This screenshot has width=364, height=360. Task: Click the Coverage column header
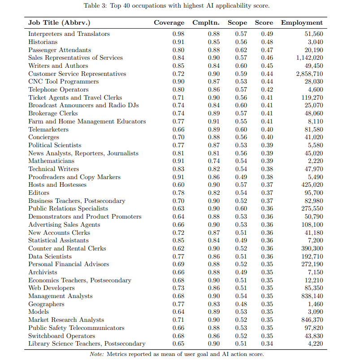coord(169,23)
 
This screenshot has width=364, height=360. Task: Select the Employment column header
coord(302,23)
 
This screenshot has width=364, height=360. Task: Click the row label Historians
coord(43,42)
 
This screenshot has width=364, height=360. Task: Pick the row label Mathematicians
coord(51,161)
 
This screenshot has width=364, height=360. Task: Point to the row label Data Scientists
coord(50,256)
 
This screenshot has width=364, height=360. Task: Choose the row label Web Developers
coord(51,288)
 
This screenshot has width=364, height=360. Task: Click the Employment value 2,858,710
coord(309,74)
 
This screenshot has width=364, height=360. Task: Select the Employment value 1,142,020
coord(309,58)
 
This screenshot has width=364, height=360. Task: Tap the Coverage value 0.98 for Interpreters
coord(178,34)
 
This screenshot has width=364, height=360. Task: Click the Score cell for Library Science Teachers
coord(267,344)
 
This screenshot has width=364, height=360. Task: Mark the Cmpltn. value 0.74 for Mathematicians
coord(214,161)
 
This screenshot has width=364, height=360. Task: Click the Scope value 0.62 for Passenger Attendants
coord(241,50)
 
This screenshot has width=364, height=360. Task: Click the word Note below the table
coord(96,354)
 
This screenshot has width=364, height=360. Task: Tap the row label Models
coord(39,312)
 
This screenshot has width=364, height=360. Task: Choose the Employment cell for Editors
coord(314,193)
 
